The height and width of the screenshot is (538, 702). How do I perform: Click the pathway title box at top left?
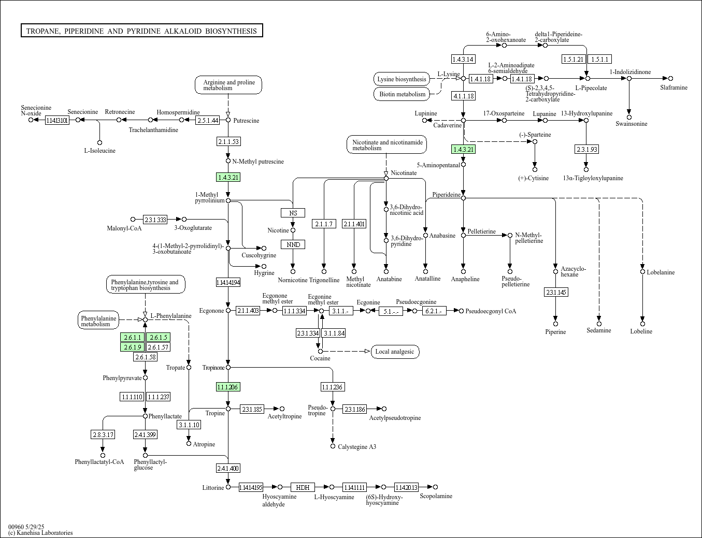141,31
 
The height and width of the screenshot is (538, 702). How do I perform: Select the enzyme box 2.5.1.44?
208,121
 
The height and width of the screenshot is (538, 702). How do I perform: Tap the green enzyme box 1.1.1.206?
228,387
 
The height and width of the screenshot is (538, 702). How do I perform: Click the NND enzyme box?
293,244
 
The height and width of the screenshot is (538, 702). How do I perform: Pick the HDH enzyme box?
303,487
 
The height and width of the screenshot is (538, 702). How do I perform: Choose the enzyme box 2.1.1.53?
228,141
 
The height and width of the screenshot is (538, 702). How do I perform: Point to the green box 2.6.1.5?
158,338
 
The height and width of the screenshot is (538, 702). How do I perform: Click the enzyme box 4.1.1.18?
464,96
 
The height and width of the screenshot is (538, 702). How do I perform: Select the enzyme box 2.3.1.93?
586,149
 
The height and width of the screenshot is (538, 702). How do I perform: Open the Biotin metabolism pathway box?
402,94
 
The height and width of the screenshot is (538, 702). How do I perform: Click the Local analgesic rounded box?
395,352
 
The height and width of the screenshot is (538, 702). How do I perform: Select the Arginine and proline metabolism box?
228,85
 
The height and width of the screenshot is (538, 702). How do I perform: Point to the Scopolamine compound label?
436,496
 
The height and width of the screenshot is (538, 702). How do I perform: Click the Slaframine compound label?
674,88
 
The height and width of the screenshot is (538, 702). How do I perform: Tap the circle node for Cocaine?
320,352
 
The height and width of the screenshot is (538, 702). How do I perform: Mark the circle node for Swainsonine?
629,117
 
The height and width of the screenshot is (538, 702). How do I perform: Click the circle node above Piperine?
556,324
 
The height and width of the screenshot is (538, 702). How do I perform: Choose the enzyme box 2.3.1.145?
556,293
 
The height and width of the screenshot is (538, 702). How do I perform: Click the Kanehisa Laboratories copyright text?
40,533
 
